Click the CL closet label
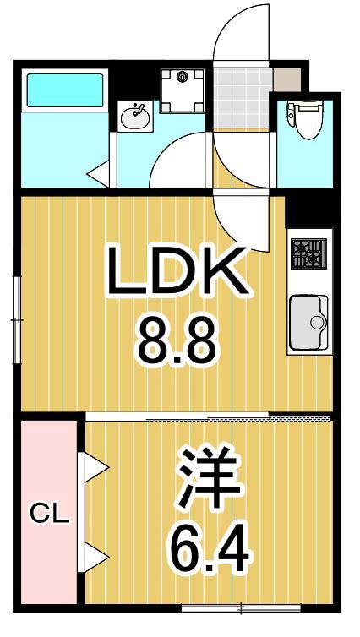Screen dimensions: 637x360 (x=49, y=513)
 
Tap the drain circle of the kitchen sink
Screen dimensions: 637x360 (x=318, y=322)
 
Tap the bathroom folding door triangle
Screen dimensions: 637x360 (x=100, y=176)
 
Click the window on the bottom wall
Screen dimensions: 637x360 (x=241, y=607)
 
